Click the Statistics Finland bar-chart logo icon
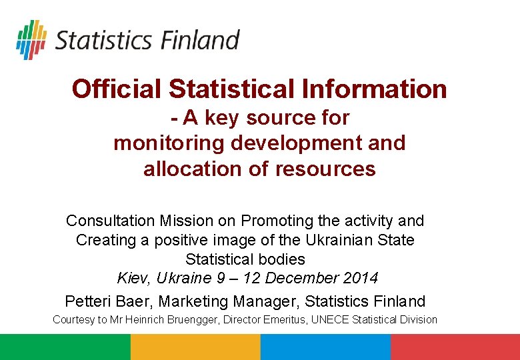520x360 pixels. click(31, 39)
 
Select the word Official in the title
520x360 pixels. click(117, 89)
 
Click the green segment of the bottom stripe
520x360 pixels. click(65, 347)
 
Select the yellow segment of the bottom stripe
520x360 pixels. click(195, 347)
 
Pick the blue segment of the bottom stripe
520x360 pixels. click(325, 347)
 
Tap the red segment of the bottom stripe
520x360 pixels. click(455, 347)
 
